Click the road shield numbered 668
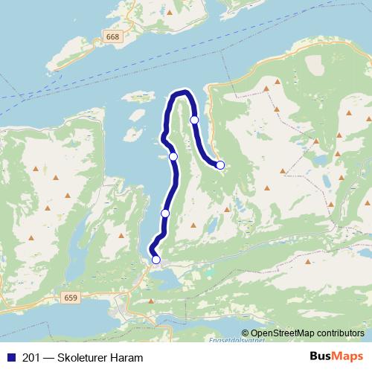pos(112,36)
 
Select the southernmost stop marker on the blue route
pos(155,260)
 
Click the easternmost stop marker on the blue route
pos(220,164)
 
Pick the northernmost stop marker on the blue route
pos(194,120)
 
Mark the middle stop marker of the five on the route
pos(173,156)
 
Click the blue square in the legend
pos(10,358)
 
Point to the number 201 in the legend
pos(32,358)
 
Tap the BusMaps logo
pos(336,356)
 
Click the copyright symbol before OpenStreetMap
pos(246,333)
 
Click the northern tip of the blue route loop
pos(181,93)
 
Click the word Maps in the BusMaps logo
pos(349,356)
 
